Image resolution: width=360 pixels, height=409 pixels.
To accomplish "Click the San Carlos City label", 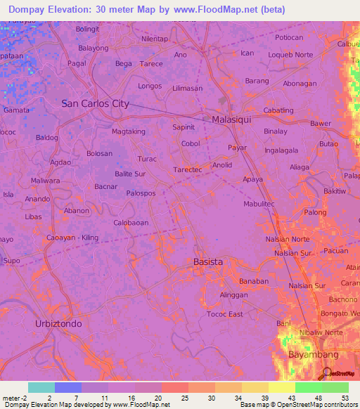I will [95, 103].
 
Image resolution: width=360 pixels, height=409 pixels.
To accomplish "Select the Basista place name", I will [207, 262].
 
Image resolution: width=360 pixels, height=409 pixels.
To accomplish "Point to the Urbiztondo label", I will [58, 324].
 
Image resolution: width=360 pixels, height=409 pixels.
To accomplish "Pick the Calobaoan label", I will [131, 223].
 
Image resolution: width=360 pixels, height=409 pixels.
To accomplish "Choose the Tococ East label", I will [225, 314].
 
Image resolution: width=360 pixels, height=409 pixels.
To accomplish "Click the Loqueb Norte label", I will [290, 54].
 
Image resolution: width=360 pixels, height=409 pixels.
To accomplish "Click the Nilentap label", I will [155, 39].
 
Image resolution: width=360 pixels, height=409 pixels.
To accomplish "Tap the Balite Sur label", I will [130, 173].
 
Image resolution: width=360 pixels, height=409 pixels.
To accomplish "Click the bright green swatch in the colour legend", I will [308, 387].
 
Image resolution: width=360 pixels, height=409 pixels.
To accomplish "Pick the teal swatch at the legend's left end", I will [41, 387].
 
